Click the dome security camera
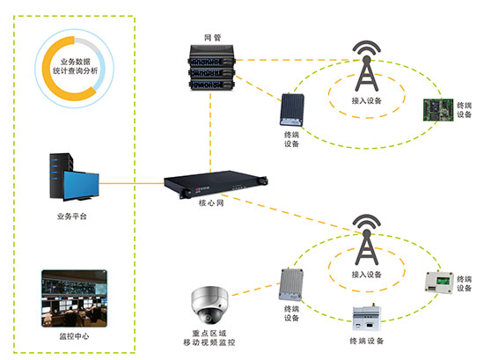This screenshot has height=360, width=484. pyautogui.click(x=213, y=305)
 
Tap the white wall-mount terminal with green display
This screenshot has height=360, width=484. pyautogui.click(x=439, y=282)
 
